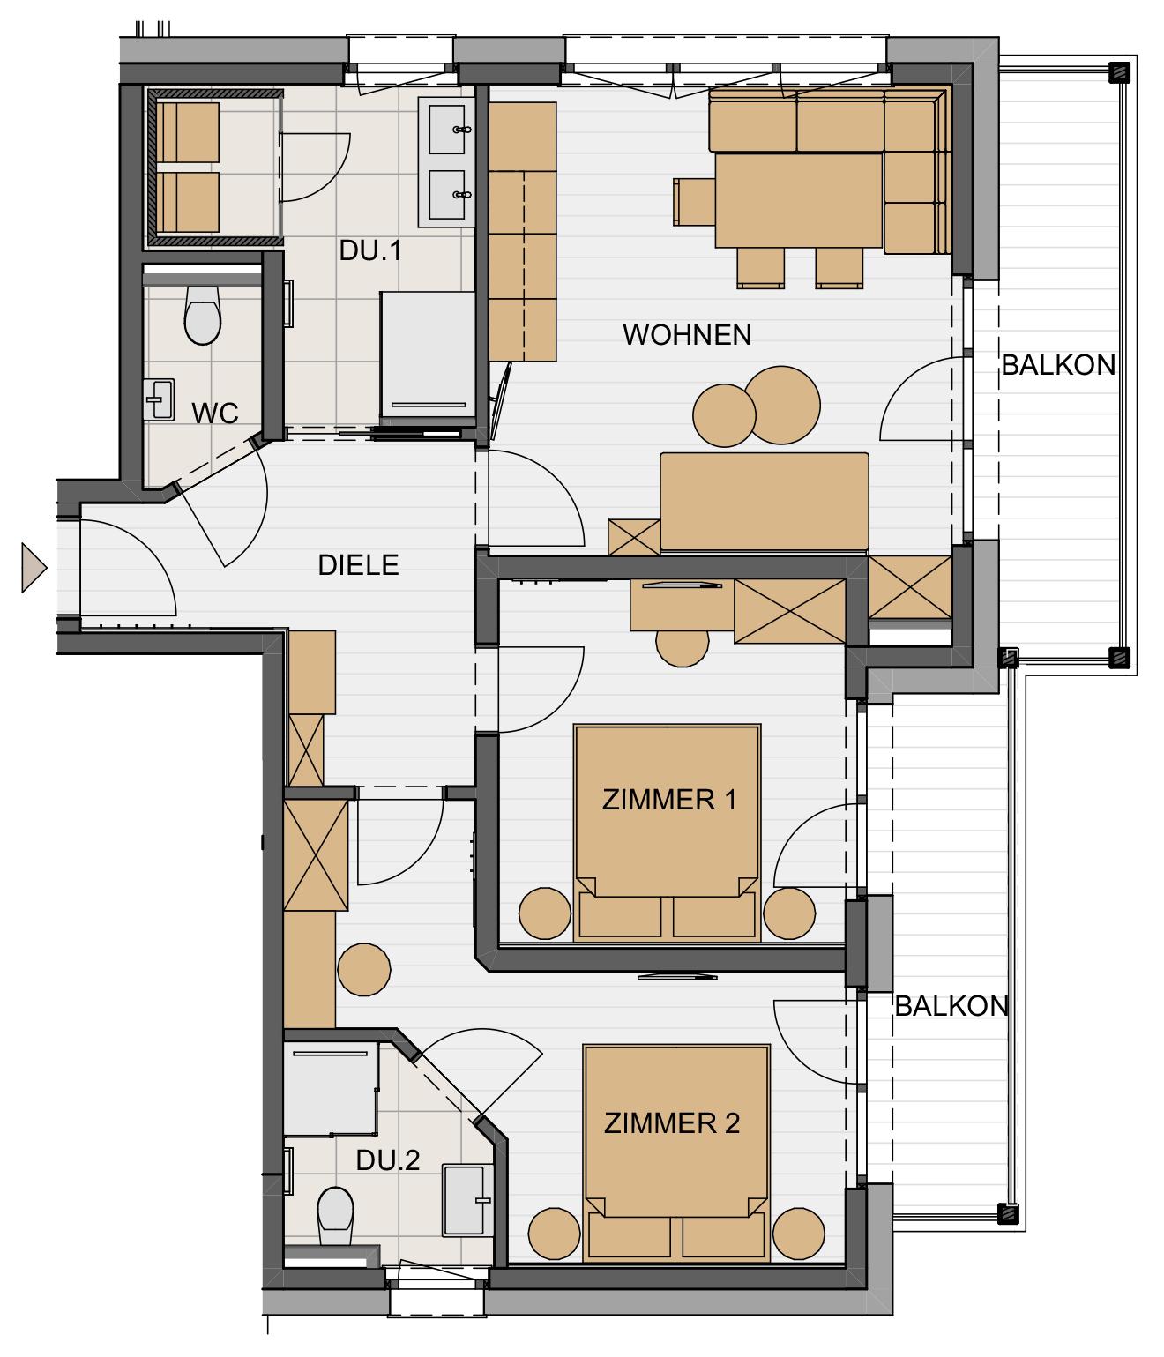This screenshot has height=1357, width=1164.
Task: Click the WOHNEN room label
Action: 687,335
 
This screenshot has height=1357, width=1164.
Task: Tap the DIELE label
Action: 358,564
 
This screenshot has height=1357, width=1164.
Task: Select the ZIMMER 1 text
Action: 669,800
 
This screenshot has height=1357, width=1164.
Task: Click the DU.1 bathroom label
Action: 370,250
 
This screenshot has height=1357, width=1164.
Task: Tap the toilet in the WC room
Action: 202,315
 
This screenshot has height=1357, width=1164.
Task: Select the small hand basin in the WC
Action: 159,399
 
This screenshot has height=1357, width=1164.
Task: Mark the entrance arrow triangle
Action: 34,567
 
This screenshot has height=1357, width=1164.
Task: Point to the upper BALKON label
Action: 1058,365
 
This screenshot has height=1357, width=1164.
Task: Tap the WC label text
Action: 215,413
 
